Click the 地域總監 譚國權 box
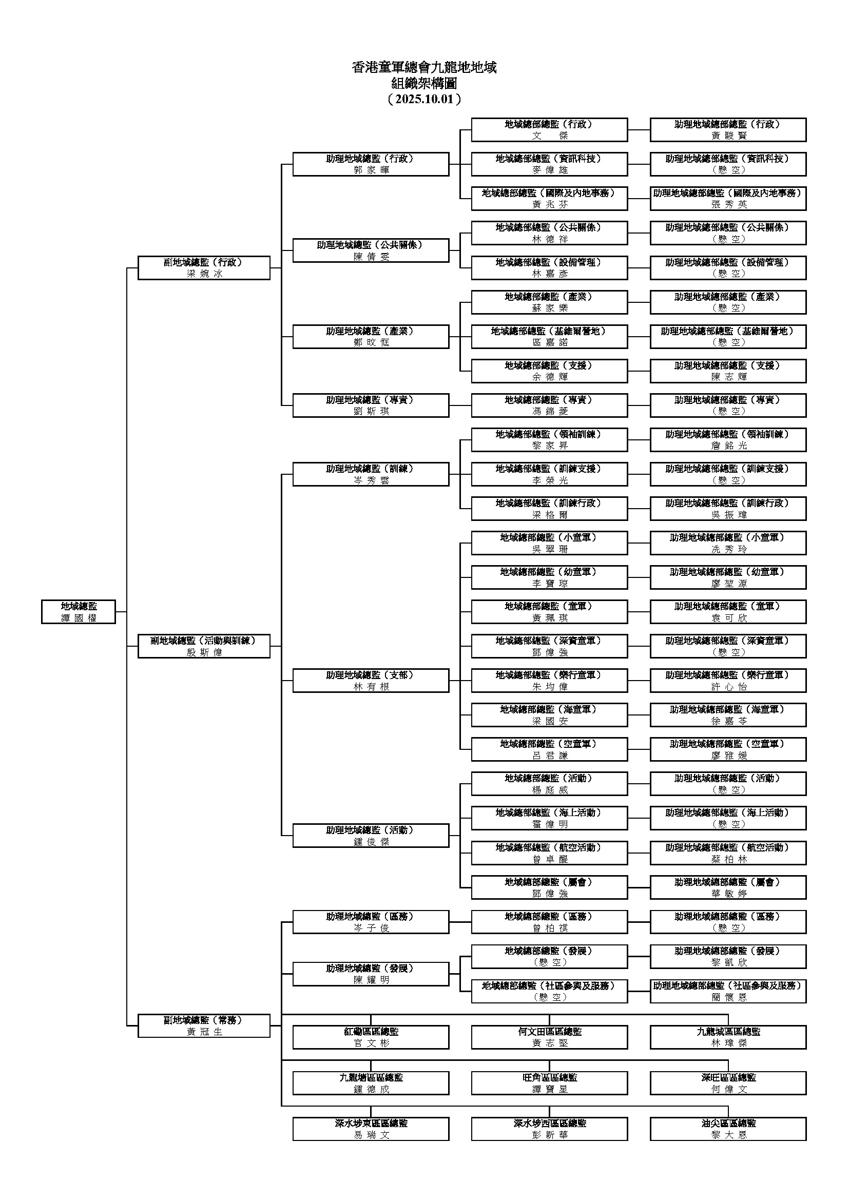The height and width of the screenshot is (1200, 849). pos(79,611)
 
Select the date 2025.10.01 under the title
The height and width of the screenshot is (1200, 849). pos(424,99)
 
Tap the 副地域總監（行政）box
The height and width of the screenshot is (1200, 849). pos(204,267)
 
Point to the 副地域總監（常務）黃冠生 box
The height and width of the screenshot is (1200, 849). pos(204,1025)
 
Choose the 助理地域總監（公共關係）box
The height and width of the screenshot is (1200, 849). pos(371,250)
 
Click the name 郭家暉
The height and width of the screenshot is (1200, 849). pos(371,170)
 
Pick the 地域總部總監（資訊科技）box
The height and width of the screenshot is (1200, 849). pos(549,164)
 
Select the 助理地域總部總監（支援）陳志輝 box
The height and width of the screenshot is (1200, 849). pos(728,371)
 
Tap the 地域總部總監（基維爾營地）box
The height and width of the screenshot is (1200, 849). pos(549,337)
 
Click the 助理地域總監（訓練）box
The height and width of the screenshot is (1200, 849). pos(371,474)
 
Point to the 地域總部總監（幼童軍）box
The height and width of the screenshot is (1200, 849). pos(549,577)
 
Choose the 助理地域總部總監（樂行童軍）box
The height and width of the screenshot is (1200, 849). pos(728,681)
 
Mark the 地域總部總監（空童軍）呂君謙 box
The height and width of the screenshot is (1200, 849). pos(549,749)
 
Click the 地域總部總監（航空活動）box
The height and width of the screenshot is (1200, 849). pos(549,853)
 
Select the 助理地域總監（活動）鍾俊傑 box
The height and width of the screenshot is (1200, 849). pos(371,835)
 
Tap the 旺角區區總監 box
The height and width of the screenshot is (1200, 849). pos(549,1083)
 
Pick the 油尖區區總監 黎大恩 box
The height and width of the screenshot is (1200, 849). pos(728,1129)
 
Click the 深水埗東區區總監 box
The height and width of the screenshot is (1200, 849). pos(371,1129)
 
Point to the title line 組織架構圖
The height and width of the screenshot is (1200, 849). pos(424,83)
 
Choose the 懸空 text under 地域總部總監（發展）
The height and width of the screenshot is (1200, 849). pos(549,962)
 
